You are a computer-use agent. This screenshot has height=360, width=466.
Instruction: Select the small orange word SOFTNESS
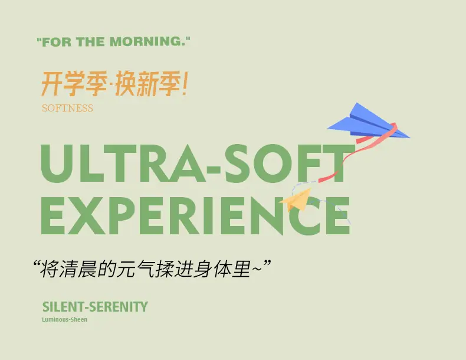[67, 108]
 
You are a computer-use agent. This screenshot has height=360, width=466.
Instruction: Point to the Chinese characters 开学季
[74, 84]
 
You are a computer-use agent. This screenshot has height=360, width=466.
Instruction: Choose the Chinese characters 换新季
[147, 84]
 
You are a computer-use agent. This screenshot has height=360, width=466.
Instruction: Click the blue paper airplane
[369, 122]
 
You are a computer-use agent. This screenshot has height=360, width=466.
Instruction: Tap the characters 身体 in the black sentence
[212, 269]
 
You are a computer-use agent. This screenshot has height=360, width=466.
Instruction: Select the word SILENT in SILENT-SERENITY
[63, 307]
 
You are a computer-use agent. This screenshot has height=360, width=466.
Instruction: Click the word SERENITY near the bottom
[119, 307]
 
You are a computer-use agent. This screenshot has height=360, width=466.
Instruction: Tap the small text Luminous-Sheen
[64, 319]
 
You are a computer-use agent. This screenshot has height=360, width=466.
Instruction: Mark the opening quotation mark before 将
[37, 263]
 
